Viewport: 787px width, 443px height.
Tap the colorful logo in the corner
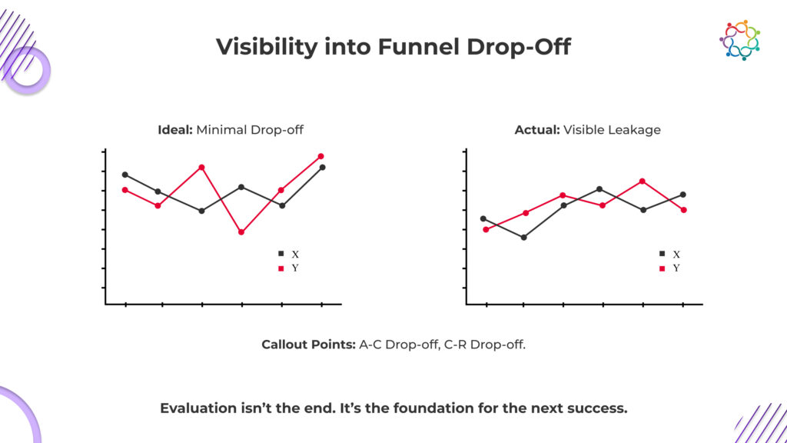pyautogui.click(x=740, y=40)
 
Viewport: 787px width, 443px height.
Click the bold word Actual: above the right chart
pyautogui.click(x=537, y=130)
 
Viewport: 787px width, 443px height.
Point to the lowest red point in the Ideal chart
pyautogui.click(x=241, y=232)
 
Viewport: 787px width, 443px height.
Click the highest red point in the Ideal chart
pyautogui.click(x=320, y=156)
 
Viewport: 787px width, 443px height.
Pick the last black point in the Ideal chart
pyautogui.click(x=322, y=167)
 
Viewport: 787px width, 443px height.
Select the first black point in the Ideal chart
pyautogui.click(x=125, y=175)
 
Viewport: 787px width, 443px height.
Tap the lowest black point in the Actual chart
pyautogui.click(x=523, y=238)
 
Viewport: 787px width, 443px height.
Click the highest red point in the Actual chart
pyautogui.click(x=643, y=181)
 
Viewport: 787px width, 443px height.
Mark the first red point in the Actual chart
pyautogui.click(x=486, y=229)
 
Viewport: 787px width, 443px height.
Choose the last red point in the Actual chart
pyautogui.click(x=683, y=210)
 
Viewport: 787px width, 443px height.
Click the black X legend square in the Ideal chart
pyautogui.click(x=281, y=253)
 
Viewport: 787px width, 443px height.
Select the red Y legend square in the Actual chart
pyautogui.click(x=662, y=268)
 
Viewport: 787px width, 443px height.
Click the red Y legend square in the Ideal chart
pyautogui.click(x=281, y=268)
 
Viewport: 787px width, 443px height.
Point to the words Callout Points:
pyautogui.click(x=308, y=345)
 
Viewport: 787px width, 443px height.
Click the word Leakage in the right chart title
pyautogui.click(x=634, y=130)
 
